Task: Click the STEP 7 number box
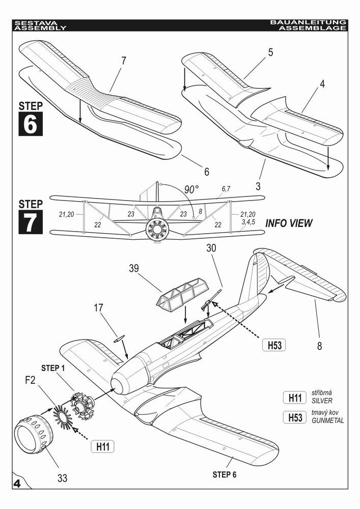coord(30,221)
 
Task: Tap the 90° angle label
coord(191,189)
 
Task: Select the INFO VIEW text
coord(289,223)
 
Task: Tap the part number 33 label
coord(62,478)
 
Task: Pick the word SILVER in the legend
coord(322,401)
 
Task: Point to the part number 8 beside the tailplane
coord(319,347)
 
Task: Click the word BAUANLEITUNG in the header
coord(308,23)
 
